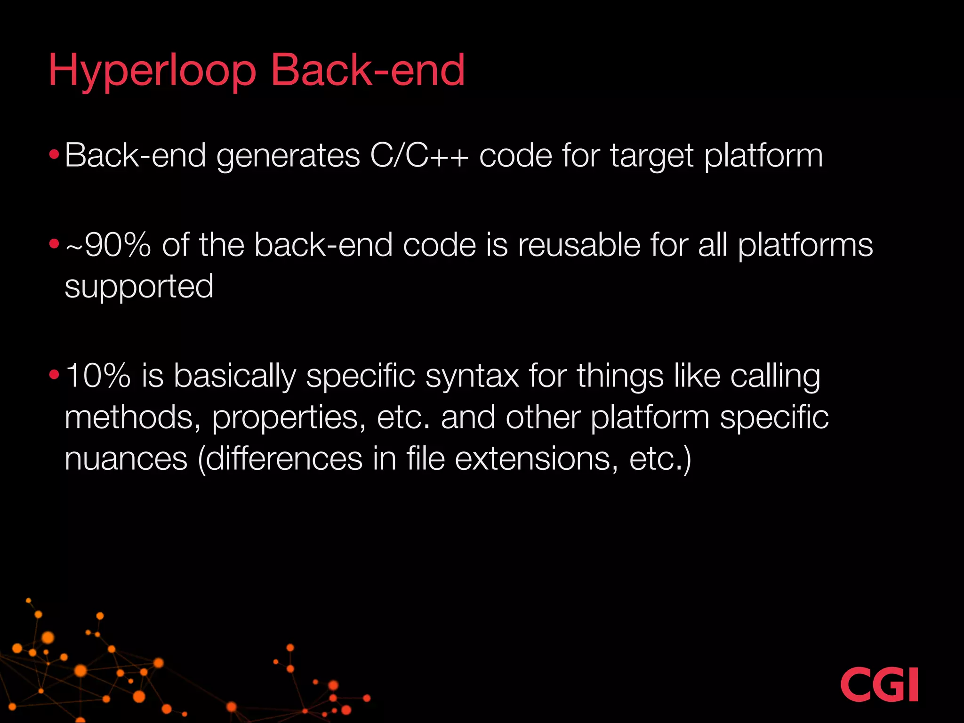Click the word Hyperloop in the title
152,71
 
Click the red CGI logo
879,684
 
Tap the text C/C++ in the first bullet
419,155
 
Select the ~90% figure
108,245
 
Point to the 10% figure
98,376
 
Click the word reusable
579,245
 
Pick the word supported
139,287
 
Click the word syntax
472,376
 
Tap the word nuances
126,458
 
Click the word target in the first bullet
652,155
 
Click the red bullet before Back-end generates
54,154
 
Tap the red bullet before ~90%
54,244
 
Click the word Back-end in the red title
368,71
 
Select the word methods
129,418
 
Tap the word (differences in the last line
280,458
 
